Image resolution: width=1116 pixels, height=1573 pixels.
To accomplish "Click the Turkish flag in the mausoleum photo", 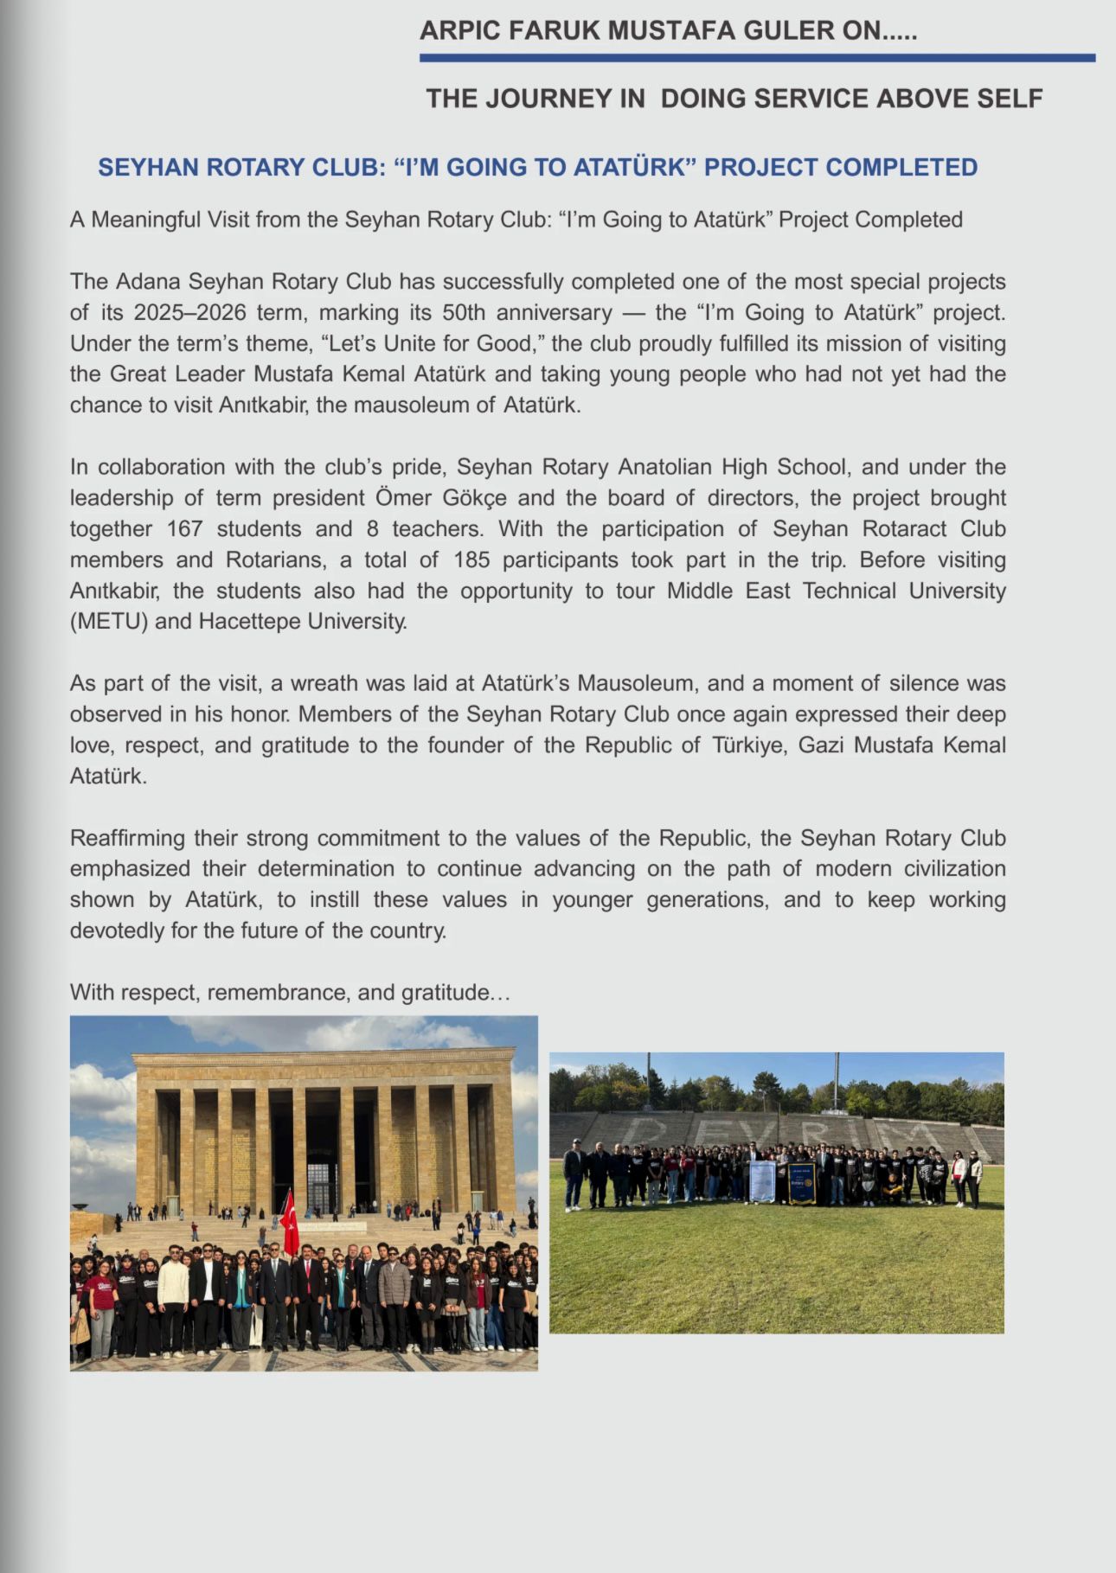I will [289, 1220].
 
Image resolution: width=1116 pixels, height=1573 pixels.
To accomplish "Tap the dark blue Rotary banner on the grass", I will [802, 1183].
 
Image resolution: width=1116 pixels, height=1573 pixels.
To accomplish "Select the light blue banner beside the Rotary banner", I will [762, 1181].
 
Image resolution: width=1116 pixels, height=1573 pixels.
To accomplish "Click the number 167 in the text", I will [183, 528].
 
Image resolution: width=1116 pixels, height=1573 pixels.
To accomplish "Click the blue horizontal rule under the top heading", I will [757, 58].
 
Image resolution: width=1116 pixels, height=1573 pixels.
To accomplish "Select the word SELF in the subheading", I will [1010, 99].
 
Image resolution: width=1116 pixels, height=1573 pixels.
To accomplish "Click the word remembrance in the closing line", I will [279, 992].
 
